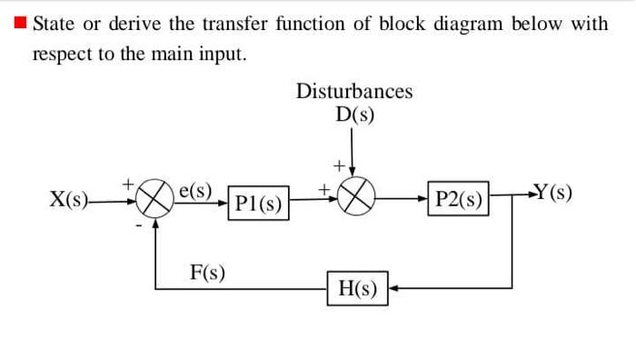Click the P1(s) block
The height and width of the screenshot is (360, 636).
point(257,203)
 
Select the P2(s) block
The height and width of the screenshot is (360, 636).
point(459,200)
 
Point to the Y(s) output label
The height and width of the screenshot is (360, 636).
point(553,193)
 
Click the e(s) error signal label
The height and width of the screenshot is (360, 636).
point(195,191)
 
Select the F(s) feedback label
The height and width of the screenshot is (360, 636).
point(208,271)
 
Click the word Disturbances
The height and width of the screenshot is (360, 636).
point(354,91)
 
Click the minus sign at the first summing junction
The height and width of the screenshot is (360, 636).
point(138,223)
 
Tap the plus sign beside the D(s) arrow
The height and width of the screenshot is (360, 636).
point(337,165)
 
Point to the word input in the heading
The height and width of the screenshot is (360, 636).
point(223,54)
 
